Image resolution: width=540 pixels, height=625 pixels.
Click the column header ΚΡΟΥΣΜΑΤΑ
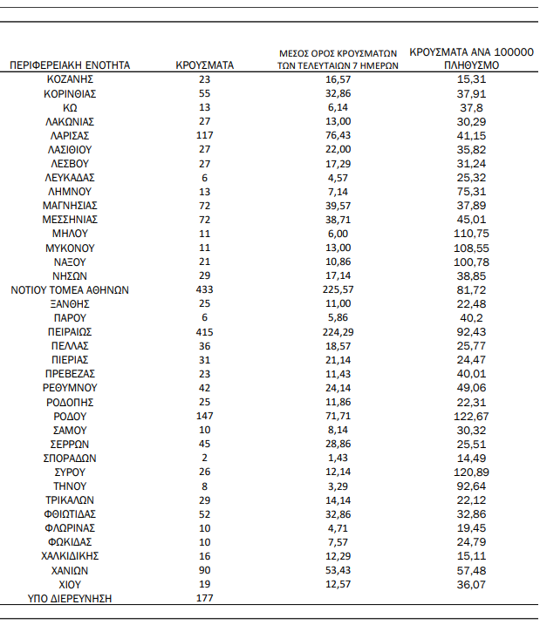tap(204, 65)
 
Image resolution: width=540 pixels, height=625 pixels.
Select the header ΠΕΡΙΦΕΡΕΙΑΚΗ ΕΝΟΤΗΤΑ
tap(70, 65)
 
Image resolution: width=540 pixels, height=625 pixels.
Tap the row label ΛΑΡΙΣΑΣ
tap(70, 135)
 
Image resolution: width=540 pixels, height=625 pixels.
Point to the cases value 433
tap(205, 289)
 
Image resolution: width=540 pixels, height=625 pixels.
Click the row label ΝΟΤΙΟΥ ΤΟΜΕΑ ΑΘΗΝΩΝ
tap(70, 289)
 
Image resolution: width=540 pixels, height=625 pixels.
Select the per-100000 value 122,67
tap(470, 416)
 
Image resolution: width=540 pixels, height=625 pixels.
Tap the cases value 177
tap(205, 598)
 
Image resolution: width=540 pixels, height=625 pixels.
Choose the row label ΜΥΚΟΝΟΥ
tap(70, 248)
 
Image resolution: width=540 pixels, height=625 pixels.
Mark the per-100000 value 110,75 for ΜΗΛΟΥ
tap(470, 234)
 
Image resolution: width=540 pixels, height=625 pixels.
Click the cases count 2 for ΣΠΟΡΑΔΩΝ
tap(205, 458)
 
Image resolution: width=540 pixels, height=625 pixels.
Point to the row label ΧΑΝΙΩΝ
tap(70, 570)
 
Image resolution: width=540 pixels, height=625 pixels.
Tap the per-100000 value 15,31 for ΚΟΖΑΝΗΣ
tap(470, 79)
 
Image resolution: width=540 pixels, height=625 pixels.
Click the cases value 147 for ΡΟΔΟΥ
tap(205, 416)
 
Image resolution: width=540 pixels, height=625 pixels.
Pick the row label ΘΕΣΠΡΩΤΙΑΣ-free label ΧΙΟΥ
tap(70, 584)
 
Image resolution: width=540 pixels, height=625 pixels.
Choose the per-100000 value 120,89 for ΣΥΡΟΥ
tap(470, 472)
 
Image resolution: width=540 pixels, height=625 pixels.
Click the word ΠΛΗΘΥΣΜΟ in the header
tap(470, 65)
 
